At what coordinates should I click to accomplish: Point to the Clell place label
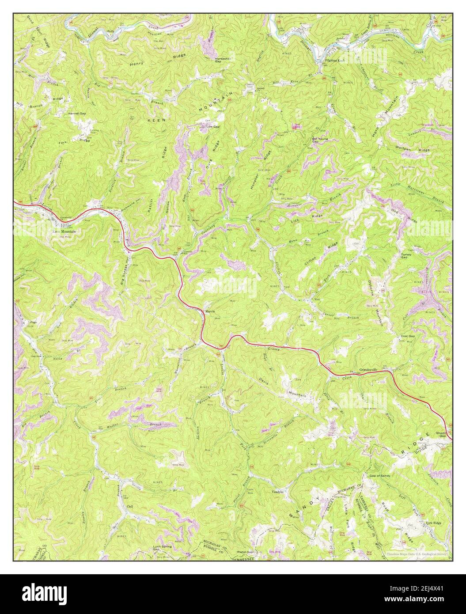[x=129, y=506]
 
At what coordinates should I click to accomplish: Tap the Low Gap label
[x=213, y=126]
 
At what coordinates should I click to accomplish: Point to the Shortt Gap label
[x=441, y=435]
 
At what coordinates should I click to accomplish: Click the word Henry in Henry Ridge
[x=136, y=64]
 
